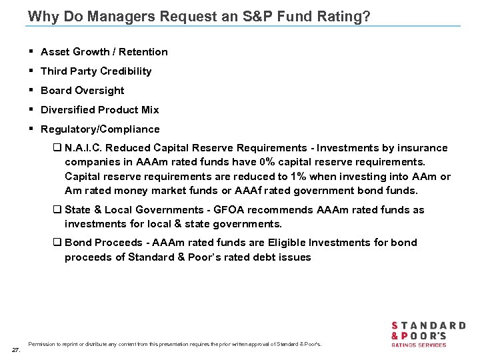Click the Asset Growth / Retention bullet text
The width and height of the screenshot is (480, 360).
click(104, 52)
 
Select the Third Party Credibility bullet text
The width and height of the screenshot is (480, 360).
click(96, 71)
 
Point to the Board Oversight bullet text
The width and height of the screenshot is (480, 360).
click(83, 91)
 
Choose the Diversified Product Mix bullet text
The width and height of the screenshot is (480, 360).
click(100, 110)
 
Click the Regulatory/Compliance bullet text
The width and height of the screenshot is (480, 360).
click(100, 129)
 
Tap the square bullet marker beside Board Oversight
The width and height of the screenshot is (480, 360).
click(33, 91)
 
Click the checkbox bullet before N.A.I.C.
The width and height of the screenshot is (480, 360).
click(57, 148)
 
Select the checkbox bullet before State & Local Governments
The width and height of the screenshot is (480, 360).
click(57, 210)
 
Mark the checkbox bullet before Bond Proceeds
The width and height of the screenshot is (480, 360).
click(57, 243)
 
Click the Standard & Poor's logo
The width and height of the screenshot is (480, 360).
click(427, 333)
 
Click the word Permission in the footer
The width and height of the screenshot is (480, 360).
click(42, 344)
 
